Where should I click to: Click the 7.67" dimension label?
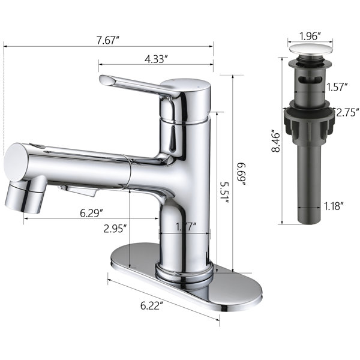[108, 40]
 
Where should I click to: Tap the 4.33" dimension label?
[155, 59]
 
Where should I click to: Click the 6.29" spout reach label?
[91, 213]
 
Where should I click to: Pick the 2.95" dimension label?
[115, 229]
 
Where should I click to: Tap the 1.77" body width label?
[185, 227]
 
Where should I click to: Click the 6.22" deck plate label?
[152, 305]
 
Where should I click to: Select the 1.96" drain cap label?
[310, 36]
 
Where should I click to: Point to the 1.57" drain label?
[337, 87]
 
